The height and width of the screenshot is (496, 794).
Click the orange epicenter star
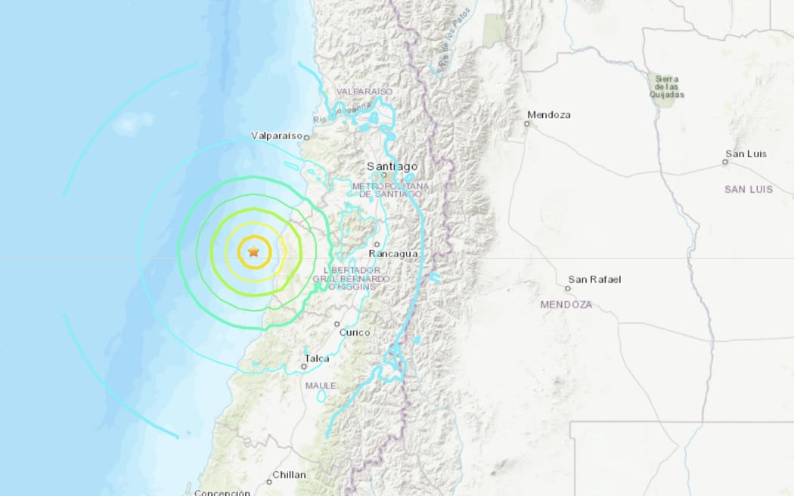pyautogui.click(x=253, y=252)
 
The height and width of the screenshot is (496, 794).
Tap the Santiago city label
pyautogui.click(x=392, y=166)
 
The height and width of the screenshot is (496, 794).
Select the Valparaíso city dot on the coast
pyautogui.click(x=307, y=137)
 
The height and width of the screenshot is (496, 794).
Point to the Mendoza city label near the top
pyautogui.click(x=549, y=115)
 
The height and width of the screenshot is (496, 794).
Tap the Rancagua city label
pyautogui.click(x=394, y=253)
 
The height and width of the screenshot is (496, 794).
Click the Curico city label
pyautogui.click(x=355, y=332)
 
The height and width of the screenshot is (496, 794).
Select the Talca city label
pyautogui.click(x=317, y=358)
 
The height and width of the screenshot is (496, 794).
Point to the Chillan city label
pyautogui.click(x=291, y=475)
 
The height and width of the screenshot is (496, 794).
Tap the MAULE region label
pyautogui.click(x=321, y=386)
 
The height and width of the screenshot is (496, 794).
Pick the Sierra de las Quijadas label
pyautogui.click(x=667, y=87)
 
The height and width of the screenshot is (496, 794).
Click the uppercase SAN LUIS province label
pyautogui.click(x=749, y=189)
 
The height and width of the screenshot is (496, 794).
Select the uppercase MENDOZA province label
pyautogui.click(x=566, y=304)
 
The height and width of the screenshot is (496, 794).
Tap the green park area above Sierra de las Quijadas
pyautogui.click(x=495, y=30)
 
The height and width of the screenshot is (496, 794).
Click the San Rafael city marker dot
pyautogui.click(x=569, y=288)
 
